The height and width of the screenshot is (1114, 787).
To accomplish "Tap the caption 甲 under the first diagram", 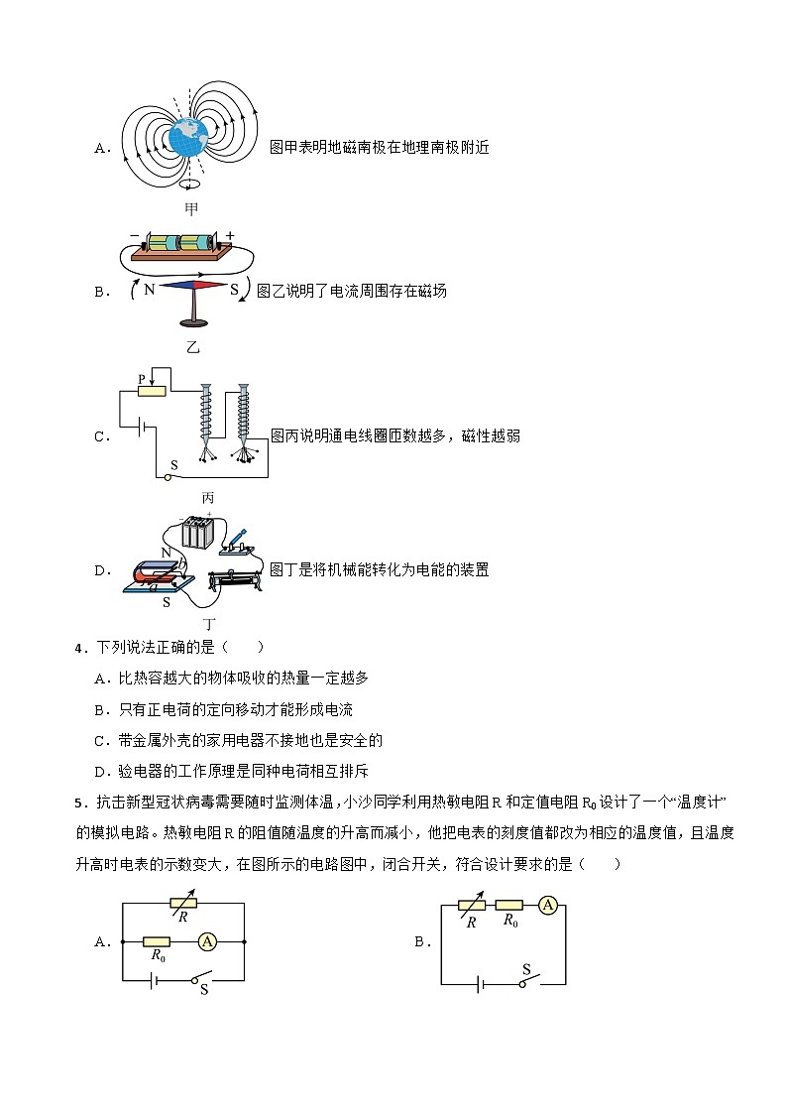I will (x=191, y=208).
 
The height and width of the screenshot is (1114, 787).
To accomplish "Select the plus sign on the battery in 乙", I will (x=230, y=235).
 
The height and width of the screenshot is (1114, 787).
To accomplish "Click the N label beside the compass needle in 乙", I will (x=149, y=290).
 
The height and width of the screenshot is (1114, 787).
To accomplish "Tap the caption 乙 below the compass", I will (x=193, y=347).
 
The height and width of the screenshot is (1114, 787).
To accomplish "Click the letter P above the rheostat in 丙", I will (x=142, y=379).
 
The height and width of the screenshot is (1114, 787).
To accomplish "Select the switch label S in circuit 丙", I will (x=174, y=464).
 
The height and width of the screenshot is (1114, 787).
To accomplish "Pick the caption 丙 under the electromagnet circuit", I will (x=207, y=498).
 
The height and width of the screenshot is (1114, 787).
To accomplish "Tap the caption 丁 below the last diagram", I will (x=209, y=625).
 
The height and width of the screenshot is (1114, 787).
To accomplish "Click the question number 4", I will (x=78, y=648).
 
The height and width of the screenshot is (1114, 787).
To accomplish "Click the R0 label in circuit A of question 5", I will (x=158, y=955).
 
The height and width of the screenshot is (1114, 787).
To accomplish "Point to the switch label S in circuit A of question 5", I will (x=204, y=989).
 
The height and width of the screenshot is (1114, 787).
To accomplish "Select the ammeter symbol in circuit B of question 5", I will (x=546, y=905).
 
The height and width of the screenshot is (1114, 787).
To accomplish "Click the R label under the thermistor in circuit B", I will (x=471, y=922).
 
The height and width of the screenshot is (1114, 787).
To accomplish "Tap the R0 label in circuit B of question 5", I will (x=509, y=921).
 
